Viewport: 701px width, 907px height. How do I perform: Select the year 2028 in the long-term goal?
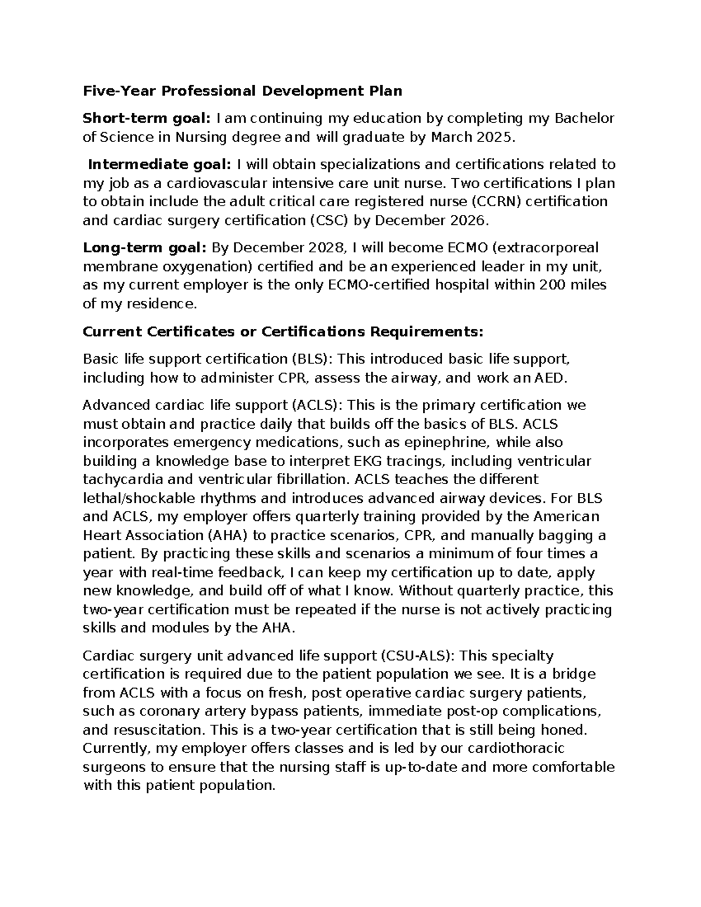click(325, 248)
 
